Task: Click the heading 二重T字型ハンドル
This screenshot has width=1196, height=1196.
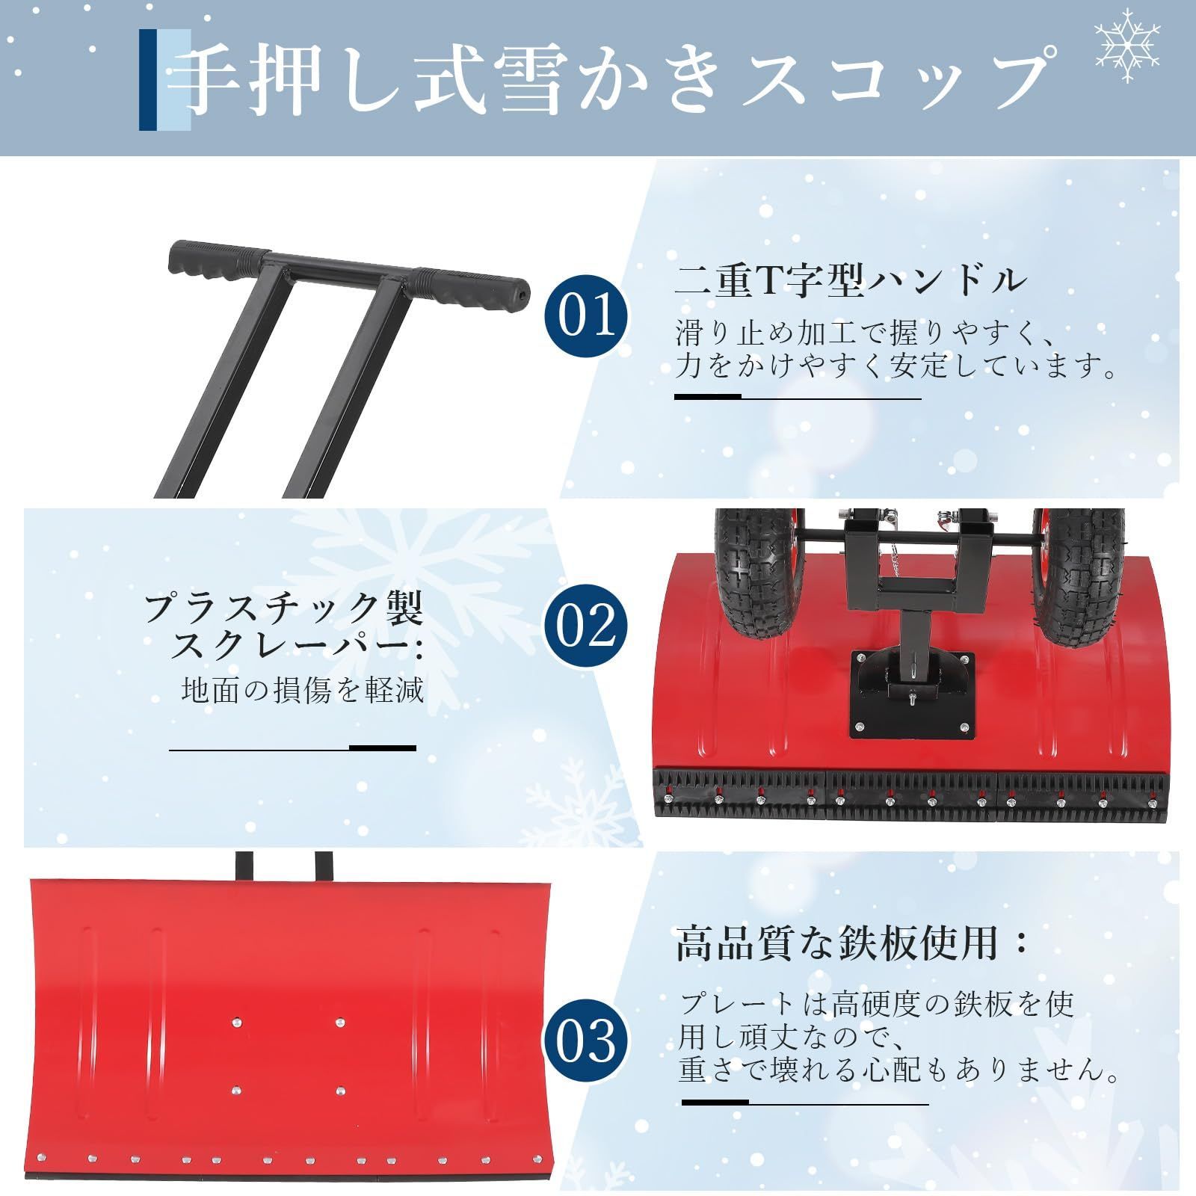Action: [x=850, y=281]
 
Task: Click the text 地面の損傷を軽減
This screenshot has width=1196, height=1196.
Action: [x=303, y=690]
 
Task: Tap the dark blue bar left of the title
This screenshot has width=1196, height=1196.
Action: [x=148, y=80]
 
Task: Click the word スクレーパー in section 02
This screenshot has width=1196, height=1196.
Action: [x=297, y=645]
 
